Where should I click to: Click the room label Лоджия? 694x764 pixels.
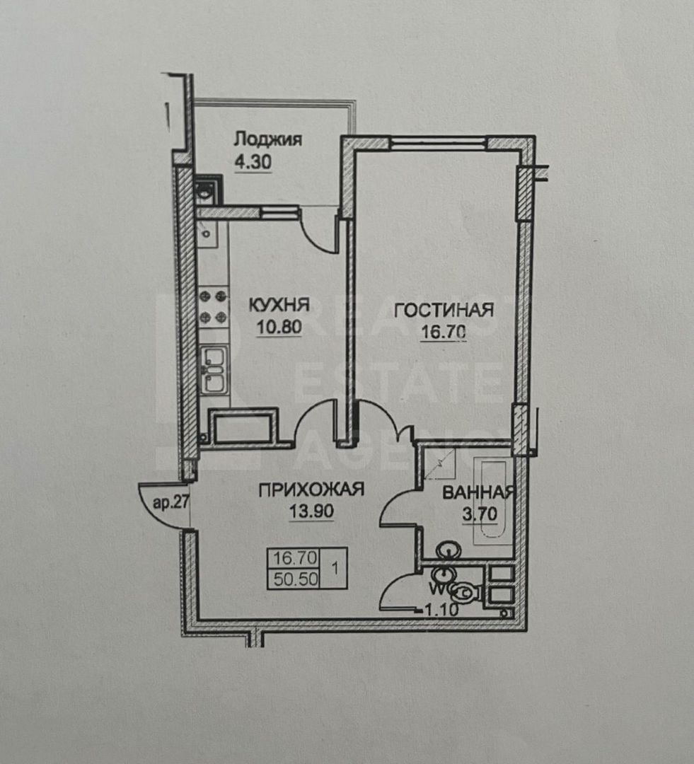(267, 139)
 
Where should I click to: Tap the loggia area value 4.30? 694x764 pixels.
(253, 161)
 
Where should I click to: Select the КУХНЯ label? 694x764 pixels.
(278, 305)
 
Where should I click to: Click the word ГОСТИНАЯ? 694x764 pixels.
(443, 311)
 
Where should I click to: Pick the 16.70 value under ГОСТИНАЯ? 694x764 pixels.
(444, 333)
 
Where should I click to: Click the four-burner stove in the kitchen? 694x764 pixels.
(214, 305)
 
